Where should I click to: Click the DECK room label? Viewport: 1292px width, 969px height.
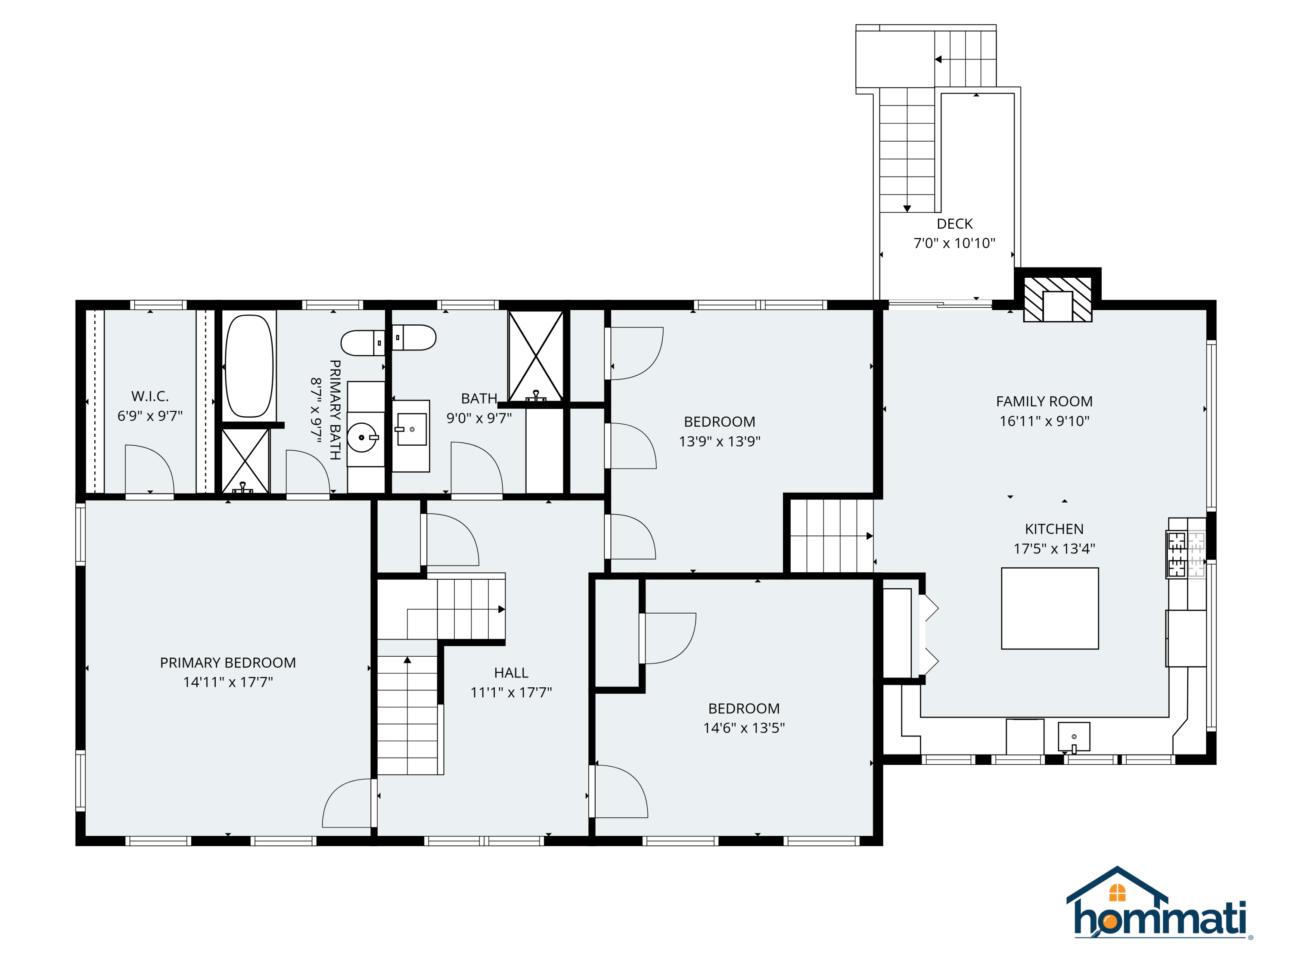(954, 224)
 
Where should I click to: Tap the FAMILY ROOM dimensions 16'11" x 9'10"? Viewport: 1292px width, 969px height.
(1044, 420)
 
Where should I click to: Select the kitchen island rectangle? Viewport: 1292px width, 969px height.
(1050, 608)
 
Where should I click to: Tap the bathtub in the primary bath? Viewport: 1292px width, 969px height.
(249, 366)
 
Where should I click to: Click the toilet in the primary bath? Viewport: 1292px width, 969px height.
(362, 343)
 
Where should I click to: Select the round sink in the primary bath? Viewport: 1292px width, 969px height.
(362, 437)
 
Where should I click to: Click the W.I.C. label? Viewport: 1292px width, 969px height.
(150, 396)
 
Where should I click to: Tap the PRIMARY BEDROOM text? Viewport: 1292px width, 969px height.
(228, 662)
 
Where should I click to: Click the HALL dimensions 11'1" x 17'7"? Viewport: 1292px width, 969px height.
(511, 692)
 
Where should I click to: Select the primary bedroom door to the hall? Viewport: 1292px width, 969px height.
(348, 803)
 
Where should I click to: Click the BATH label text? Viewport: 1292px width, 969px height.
(479, 398)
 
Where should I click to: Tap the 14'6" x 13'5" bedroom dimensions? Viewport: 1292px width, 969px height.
(743, 728)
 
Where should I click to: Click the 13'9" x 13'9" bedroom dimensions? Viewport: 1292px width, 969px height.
(719, 441)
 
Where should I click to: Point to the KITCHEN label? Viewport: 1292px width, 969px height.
(1054, 528)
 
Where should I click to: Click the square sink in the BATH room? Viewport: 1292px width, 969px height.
(412, 429)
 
